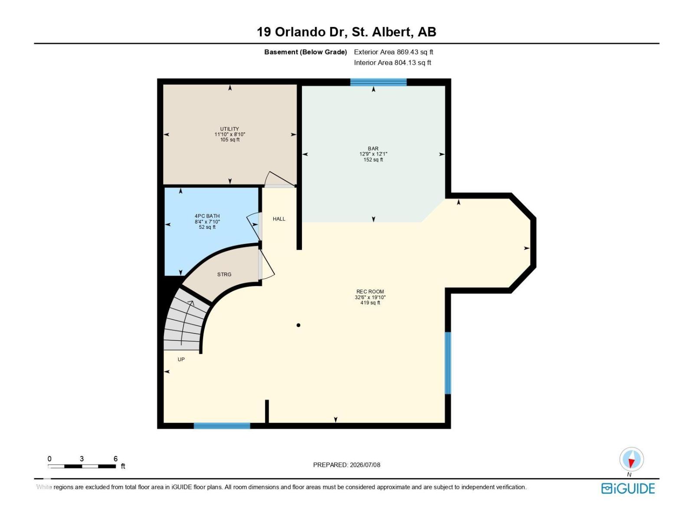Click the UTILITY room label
229,129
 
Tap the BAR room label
373,148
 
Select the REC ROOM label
370,292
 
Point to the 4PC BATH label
207,216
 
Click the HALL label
279,219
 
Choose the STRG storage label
224,274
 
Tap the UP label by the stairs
181,359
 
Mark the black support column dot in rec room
298,325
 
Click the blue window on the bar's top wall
378,82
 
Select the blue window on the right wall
448,363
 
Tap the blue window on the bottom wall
222,426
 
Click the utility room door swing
279,179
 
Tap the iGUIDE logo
628,489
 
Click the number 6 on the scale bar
115,458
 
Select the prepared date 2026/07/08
365,465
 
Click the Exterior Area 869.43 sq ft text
393,52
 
